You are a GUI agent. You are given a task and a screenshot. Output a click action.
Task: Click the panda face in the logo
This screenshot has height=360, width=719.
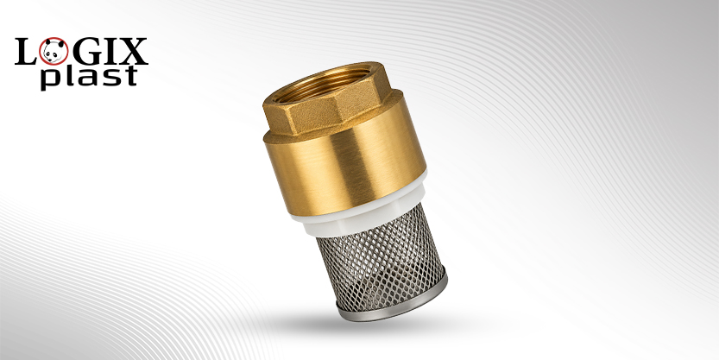pyautogui.click(x=54, y=50)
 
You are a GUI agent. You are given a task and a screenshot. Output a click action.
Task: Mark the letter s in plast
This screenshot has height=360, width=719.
pyautogui.click(x=107, y=77)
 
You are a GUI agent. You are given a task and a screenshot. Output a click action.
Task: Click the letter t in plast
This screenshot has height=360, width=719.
pyautogui.click(x=129, y=75)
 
